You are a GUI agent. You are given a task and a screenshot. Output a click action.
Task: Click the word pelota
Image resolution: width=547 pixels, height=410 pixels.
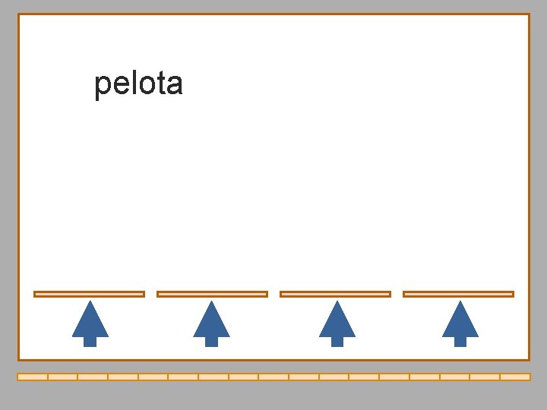138,84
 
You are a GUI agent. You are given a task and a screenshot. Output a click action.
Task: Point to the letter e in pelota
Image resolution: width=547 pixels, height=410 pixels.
119,84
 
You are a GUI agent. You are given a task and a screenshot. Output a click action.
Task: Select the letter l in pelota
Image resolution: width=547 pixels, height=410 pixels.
130,83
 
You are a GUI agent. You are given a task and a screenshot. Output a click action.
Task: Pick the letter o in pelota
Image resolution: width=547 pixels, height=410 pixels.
142,84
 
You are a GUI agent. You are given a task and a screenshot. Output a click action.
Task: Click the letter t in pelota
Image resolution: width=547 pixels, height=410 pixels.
157,84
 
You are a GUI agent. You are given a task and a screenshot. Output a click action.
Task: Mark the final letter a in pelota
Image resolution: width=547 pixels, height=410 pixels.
172,84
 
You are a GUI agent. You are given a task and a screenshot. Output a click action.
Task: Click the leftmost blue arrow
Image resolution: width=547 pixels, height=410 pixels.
90,322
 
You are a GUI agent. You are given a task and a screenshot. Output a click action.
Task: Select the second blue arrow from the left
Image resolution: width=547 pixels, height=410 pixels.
211,322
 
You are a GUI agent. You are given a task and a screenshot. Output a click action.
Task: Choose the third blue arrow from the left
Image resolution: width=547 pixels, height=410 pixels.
337,322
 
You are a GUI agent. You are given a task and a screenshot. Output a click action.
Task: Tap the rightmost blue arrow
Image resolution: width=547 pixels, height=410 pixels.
460,322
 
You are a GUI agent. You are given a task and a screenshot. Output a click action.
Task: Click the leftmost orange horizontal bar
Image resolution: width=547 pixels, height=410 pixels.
89,294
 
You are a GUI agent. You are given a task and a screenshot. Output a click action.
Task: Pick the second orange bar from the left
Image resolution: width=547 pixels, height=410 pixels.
212,294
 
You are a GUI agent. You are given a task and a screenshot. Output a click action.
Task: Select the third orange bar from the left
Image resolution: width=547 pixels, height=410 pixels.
335,294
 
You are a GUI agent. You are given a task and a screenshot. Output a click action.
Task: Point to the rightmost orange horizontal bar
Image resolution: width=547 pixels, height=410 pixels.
458,294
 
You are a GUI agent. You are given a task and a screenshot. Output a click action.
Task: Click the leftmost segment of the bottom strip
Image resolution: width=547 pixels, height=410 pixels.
32,377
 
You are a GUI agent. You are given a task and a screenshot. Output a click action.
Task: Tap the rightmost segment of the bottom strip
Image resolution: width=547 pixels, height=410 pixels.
515,377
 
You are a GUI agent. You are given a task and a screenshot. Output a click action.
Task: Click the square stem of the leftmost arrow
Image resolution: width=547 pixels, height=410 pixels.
90,341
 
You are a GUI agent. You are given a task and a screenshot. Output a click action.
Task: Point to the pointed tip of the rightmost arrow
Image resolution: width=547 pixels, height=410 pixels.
460,303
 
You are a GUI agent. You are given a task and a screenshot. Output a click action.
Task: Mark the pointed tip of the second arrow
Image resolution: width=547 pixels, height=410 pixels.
211,303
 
